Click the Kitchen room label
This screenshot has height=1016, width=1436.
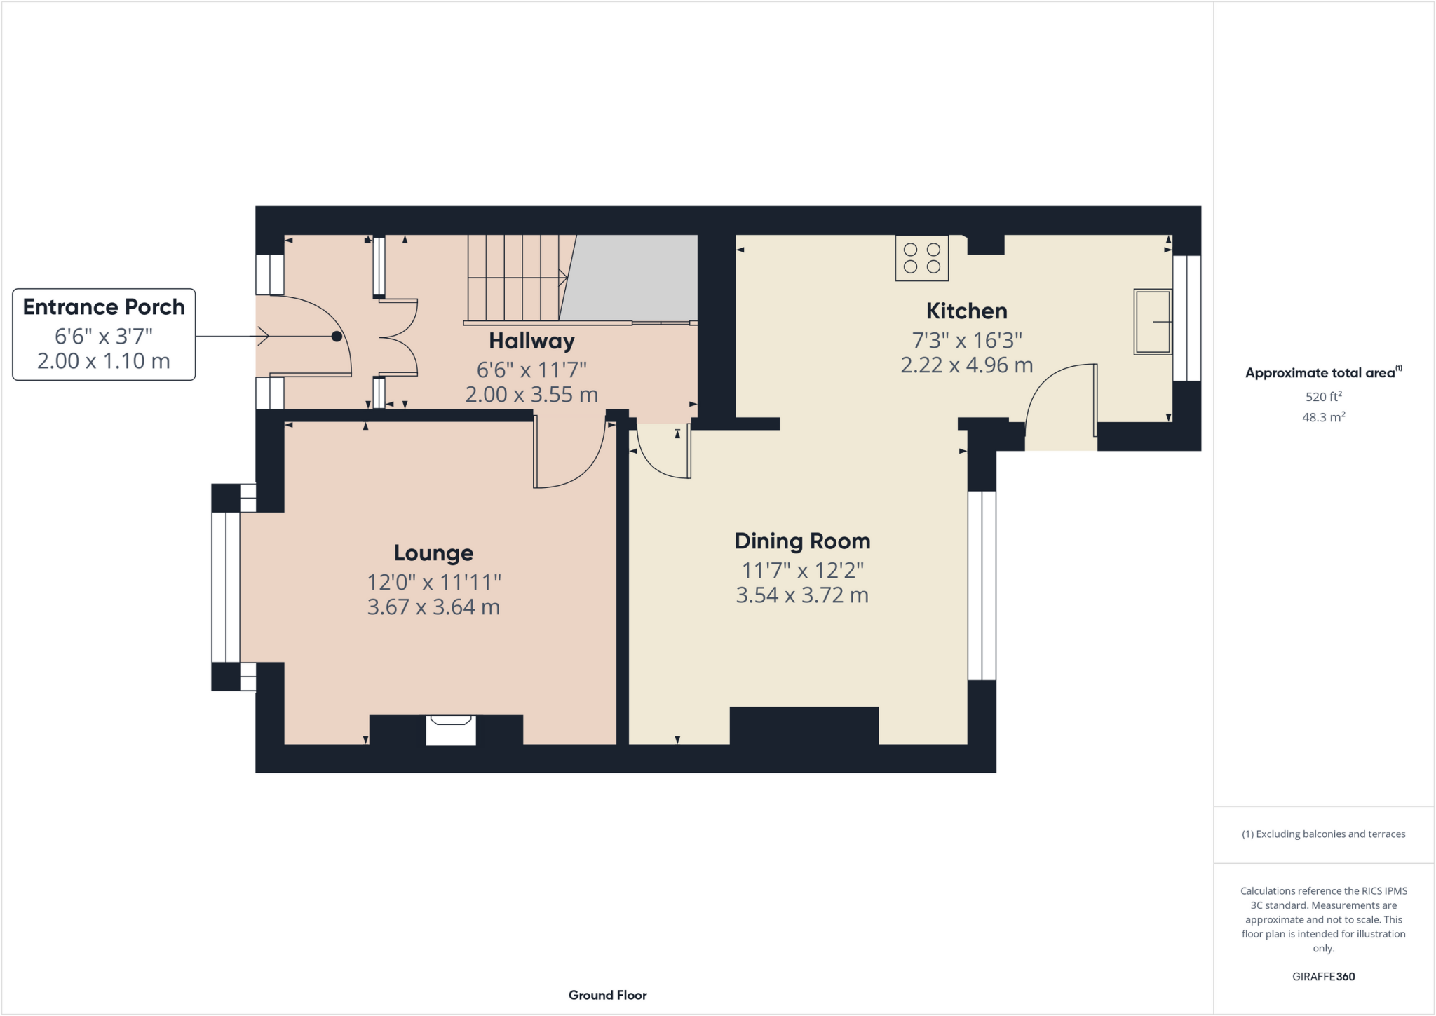(966, 311)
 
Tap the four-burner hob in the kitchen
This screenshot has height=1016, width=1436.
(921, 258)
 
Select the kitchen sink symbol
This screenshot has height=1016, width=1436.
(1152, 322)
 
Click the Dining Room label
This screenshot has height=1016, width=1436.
(802, 541)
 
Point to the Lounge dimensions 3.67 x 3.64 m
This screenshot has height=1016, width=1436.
(433, 607)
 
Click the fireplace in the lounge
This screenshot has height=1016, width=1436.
(451, 729)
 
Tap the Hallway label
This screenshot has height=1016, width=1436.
(531, 341)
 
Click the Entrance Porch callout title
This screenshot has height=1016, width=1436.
(104, 307)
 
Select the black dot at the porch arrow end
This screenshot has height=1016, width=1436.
(337, 337)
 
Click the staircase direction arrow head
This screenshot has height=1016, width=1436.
(563, 278)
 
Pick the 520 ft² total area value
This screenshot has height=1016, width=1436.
(1323, 396)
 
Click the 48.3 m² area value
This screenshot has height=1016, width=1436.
(1323, 417)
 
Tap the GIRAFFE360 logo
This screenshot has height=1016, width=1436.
(1323, 976)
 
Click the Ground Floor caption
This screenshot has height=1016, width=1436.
(607, 995)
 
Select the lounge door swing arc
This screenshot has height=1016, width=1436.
(582, 470)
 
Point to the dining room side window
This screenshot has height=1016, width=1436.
(982, 585)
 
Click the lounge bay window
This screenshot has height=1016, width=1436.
(226, 587)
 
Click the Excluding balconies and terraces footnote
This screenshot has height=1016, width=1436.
(1323, 834)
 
